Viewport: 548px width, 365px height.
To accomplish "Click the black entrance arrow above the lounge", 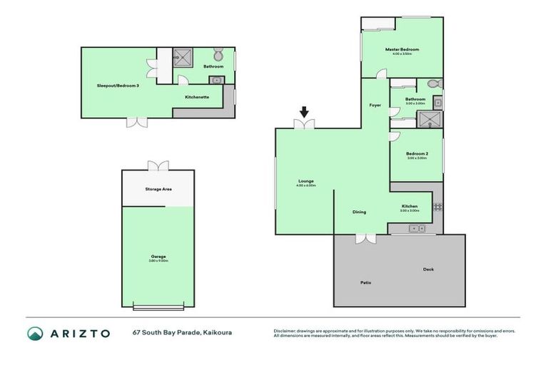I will tap(305, 112).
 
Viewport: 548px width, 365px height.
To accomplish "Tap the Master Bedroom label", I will tap(402, 50).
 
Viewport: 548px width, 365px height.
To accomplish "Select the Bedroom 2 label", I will tap(417, 155).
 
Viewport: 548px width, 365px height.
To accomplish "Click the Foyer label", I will tap(375, 105).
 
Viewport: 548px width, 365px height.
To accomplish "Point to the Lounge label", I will tap(306, 181).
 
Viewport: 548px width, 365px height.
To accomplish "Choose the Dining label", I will tap(360, 212).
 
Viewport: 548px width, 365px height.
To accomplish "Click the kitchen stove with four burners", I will tap(437, 207).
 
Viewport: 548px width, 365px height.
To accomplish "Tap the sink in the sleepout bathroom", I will tap(217, 80).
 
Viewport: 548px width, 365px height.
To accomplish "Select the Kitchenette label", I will tap(197, 97).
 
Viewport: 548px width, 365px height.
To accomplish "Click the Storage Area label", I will tap(158, 189).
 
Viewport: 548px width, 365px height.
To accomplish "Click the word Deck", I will tap(428, 269).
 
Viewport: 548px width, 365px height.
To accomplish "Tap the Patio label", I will tap(365, 283).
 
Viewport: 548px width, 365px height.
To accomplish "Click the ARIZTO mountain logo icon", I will tap(35, 333).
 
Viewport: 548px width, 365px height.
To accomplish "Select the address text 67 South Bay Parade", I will tap(166, 332).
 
